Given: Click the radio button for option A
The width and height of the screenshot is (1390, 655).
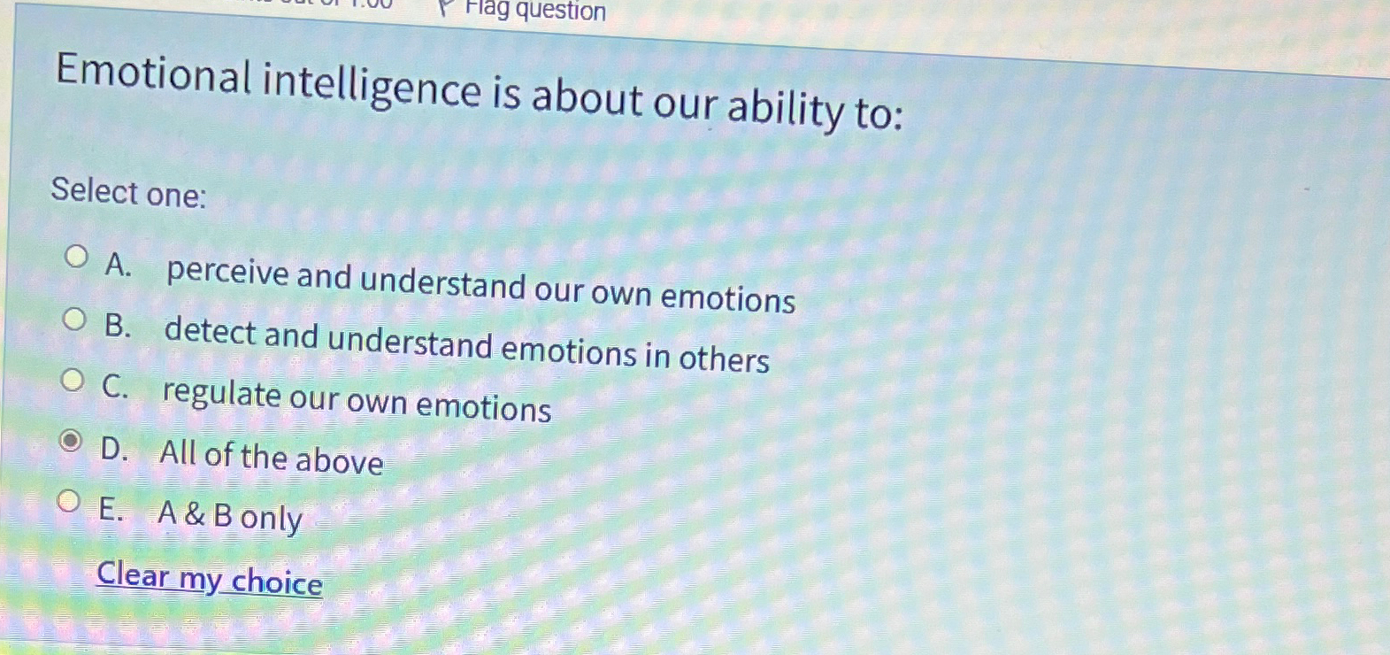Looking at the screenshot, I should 77,258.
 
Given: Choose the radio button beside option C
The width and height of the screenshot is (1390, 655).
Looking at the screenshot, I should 73,381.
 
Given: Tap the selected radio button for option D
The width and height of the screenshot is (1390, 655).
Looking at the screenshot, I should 71,441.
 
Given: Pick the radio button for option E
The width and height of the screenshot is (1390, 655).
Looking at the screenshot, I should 68,502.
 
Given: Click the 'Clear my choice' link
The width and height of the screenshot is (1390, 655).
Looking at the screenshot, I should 210,578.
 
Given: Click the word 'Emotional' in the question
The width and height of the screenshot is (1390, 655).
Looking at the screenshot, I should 154,74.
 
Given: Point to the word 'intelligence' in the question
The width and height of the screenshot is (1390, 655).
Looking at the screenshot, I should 372,89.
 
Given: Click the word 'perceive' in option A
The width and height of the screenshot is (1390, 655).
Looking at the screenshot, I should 227,272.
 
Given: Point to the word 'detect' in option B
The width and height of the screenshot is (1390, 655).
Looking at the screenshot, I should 210,331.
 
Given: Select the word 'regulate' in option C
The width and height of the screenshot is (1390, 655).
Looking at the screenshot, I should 221,393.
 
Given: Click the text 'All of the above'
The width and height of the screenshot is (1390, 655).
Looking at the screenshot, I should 272,458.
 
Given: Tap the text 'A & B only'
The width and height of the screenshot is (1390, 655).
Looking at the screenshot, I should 230,516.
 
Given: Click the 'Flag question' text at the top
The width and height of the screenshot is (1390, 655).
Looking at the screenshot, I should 535,11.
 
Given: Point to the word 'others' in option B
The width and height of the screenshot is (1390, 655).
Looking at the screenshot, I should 724,358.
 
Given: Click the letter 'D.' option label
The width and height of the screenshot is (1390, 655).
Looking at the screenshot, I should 115,450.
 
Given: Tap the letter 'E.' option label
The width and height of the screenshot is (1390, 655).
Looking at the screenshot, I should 111,510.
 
